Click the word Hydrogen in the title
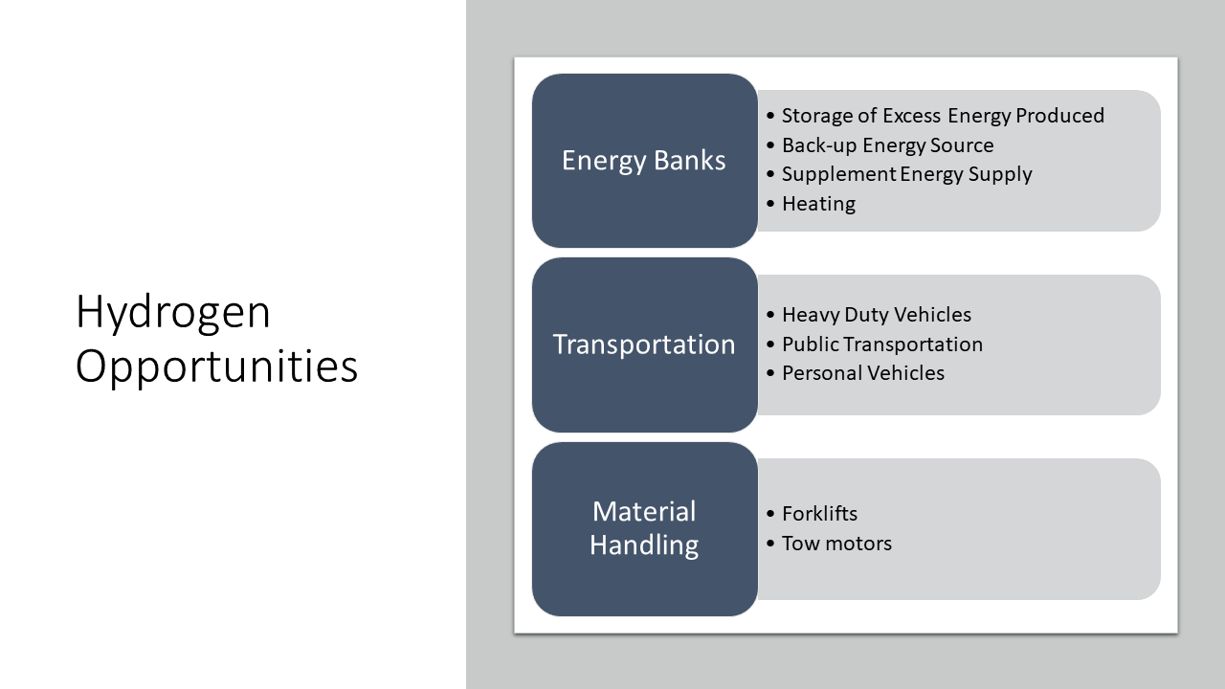click(173, 312)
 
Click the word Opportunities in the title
click(216, 367)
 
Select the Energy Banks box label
click(644, 161)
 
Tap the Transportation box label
click(644, 344)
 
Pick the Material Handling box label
click(644, 528)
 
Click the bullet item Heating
click(818, 204)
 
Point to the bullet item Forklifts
click(820, 514)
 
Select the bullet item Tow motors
click(836, 543)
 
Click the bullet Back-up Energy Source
click(887, 145)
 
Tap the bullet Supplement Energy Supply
click(906, 174)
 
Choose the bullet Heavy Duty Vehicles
click(877, 315)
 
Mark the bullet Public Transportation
click(882, 344)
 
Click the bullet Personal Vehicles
click(863, 373)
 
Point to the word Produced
click(1059, 116)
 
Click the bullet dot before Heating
click(770, 204)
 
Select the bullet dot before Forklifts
click(770, 514)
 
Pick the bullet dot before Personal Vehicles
click(770, 373)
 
